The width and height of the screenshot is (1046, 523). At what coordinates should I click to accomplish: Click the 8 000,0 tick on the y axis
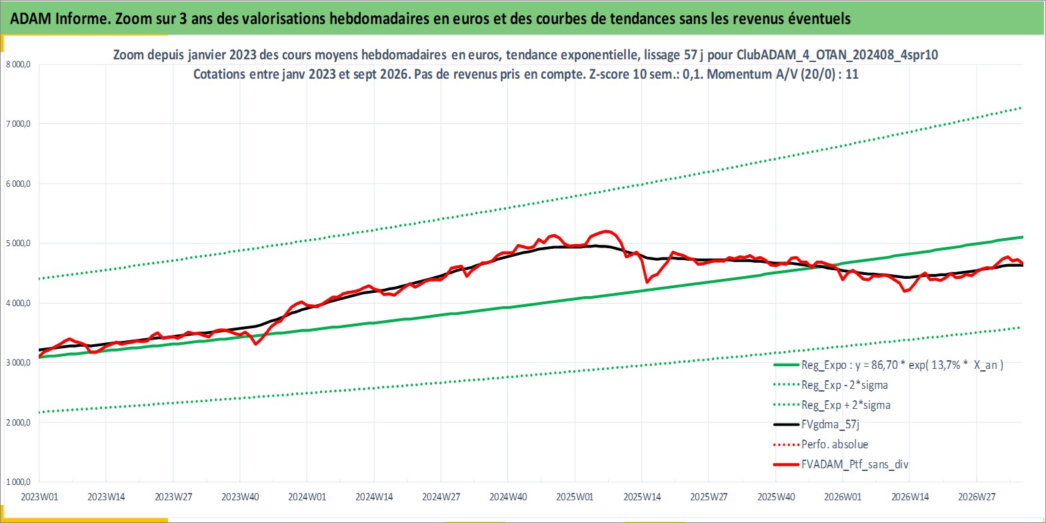18,65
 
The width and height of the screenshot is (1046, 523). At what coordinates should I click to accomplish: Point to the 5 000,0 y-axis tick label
18,243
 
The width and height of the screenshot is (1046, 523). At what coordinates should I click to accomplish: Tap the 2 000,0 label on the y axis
18,422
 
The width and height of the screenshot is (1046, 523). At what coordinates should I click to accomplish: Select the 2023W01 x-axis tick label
39,497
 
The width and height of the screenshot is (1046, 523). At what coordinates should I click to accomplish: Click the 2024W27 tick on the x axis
441,497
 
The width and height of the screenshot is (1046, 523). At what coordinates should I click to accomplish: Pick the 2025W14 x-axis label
642,497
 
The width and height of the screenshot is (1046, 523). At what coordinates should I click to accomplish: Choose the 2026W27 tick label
977,497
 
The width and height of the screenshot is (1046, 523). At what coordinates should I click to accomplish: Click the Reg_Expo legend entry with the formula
889,365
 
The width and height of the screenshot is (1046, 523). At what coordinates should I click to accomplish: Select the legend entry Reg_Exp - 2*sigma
831,385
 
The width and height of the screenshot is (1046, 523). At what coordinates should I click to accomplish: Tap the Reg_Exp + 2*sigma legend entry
832,405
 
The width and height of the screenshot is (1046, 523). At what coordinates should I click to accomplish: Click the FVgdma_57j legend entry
817,424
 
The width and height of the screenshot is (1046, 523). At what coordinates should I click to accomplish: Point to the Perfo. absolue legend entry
821,444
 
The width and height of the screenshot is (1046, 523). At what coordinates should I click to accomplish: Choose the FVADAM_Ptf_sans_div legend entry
841,464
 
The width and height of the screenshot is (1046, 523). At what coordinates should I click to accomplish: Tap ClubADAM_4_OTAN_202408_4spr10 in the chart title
837,55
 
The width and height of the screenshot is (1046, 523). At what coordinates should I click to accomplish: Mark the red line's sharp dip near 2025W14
647,282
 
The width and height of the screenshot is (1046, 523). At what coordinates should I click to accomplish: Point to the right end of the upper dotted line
1021,108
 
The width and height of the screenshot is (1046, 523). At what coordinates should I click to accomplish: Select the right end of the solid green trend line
1023,237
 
